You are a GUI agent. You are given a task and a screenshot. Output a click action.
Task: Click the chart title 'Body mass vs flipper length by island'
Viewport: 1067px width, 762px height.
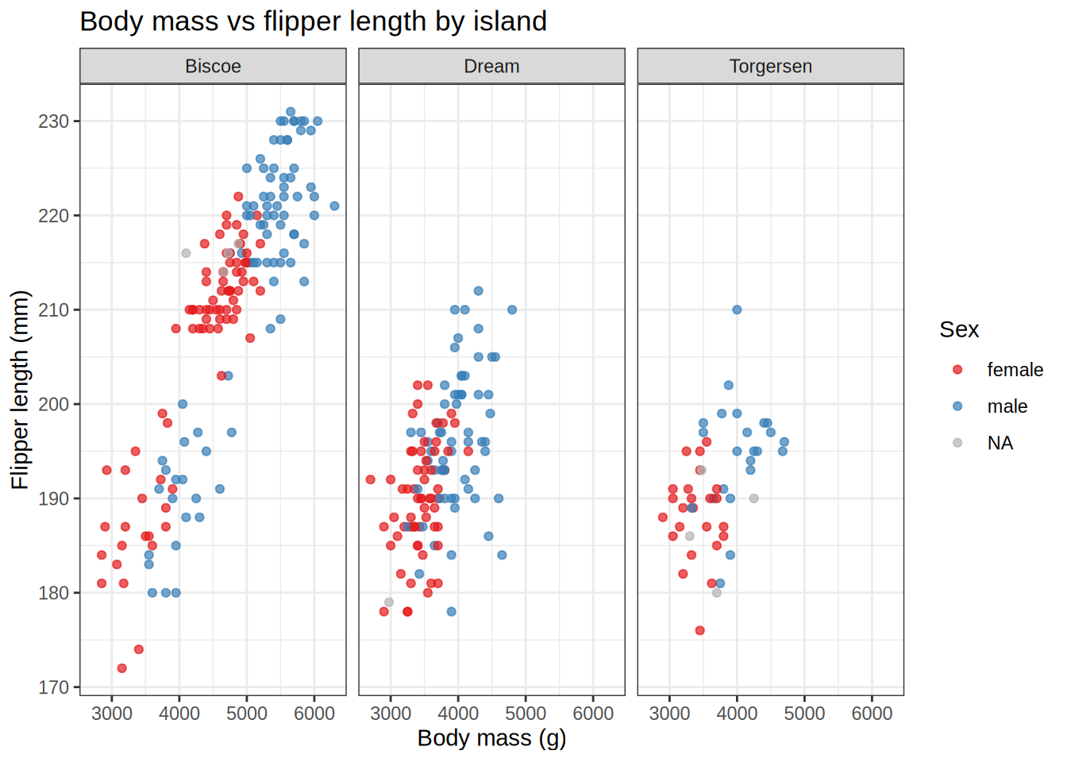(x=313, y=21)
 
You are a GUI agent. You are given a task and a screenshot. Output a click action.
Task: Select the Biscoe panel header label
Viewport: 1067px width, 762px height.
(x=213, y=67)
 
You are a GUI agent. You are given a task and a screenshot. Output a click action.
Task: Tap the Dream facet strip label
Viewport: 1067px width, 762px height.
(x=491, y=67)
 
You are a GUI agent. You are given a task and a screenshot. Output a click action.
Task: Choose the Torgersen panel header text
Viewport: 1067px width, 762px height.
(x=770, y=67)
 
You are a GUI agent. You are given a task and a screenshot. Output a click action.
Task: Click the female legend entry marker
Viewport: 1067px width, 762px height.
(x=957, y=370)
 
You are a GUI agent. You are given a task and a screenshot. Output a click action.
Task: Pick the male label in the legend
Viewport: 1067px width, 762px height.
(x=1007, y=406)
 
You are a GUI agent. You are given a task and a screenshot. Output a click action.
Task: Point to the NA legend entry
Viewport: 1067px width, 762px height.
(x=1000, y=443)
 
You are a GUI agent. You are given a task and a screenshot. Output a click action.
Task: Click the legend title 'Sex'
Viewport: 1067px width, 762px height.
(x=959, y=329)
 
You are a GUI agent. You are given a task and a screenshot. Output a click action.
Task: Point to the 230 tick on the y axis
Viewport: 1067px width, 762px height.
(x=53, y=121)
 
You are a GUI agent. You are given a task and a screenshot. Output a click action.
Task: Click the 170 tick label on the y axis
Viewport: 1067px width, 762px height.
(x=53, y=687)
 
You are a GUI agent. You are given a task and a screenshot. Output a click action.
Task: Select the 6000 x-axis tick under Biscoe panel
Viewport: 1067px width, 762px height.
(x=314, y=714)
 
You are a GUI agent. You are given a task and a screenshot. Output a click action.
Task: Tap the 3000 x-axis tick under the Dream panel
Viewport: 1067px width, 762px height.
(x=391, y=714)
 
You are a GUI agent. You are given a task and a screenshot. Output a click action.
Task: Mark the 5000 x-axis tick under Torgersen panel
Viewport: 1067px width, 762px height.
(x=804, y=714)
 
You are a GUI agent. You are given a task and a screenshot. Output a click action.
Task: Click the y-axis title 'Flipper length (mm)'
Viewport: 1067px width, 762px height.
(x=20, y=389)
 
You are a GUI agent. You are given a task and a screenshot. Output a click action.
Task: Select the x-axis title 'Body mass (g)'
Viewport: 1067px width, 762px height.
(x=491, y=738)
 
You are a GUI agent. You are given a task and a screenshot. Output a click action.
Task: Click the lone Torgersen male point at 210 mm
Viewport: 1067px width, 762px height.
(x=737, y=310)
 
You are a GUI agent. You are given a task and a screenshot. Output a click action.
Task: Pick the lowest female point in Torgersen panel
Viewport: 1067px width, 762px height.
(x=699, y=630)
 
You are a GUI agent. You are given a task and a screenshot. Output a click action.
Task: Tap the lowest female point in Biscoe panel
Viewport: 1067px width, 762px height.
(x=121, y=668)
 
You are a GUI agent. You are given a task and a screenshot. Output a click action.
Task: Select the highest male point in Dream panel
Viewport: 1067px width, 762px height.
(x=478, y=291)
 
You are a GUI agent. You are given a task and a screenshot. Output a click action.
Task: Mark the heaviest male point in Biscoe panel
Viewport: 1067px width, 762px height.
(x=334, y=206)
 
